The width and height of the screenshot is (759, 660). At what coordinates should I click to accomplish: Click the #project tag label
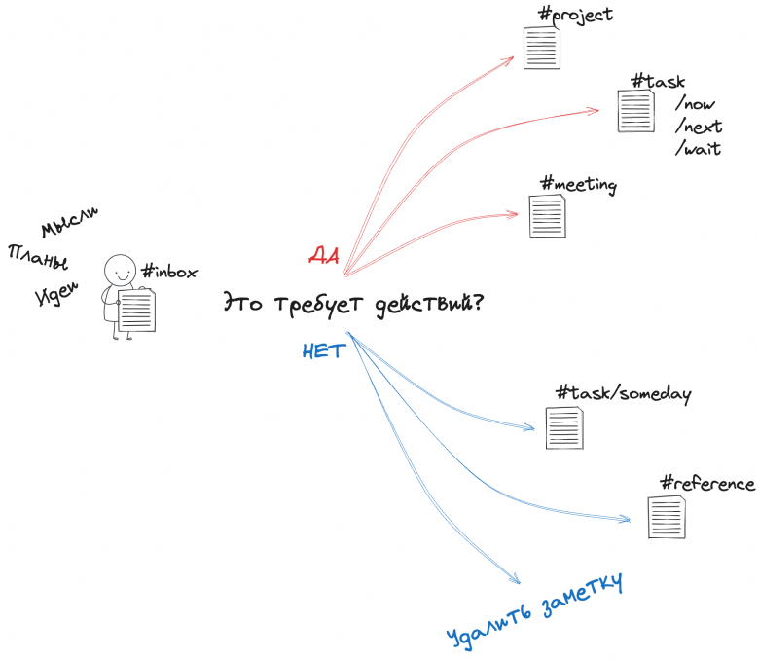click(x=575, y=15)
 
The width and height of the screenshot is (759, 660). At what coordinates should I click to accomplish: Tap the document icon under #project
click(x=542, y=48)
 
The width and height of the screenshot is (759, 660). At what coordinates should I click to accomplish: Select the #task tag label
click(x=659, y=81)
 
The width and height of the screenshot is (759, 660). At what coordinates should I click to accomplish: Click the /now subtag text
click(x=695, y=103)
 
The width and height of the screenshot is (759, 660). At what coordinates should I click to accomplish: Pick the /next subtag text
click(x=699, y=127)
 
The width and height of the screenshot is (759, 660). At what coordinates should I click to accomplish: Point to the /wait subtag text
click(x=698, y=149)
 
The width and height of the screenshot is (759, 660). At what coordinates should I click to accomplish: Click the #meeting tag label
click(x=578, y=185)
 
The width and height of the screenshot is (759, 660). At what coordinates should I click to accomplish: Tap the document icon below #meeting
click(x=548, y=215)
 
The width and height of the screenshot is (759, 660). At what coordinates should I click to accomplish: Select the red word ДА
click(x=324, y=255)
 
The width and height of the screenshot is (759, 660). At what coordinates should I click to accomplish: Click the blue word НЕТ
click(x=324, y=350)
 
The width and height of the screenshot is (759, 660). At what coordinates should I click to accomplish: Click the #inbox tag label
click(x=169, y=272)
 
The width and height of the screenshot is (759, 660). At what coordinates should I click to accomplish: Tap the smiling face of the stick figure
click(x=120, y=271)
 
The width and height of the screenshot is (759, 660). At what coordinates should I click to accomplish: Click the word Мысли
click(x=69, y=222)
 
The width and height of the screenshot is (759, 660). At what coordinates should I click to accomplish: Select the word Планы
click(x=38, y=257)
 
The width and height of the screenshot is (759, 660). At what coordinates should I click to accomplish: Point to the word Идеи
click(x=56, y=294)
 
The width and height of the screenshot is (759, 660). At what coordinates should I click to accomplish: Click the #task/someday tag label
click(x=624, y=393)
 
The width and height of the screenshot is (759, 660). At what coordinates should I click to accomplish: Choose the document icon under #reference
click(x=667, y=517)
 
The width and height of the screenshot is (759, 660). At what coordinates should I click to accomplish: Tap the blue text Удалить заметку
click(x=534, y=611)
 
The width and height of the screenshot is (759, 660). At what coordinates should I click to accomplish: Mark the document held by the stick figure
click(x=137, y=311)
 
